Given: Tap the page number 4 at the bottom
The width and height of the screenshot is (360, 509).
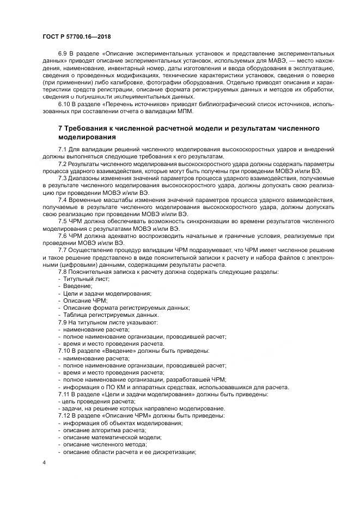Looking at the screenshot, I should click(44, 463).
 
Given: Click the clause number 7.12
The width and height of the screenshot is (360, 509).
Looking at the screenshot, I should click(64, 415).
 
